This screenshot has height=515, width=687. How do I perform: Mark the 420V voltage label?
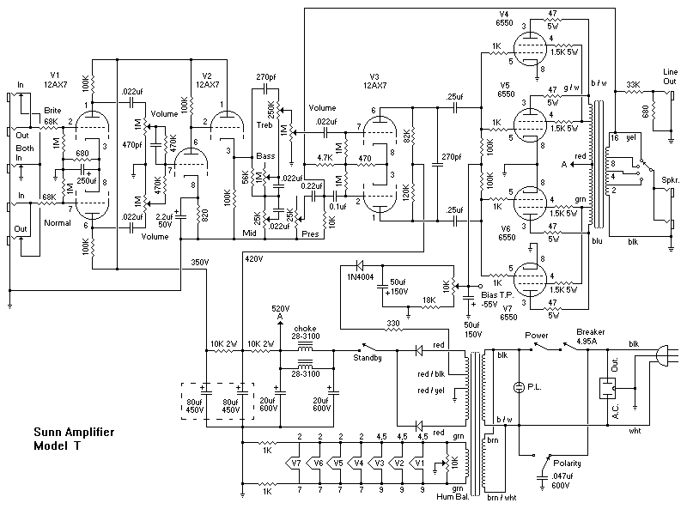point(254,257)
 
